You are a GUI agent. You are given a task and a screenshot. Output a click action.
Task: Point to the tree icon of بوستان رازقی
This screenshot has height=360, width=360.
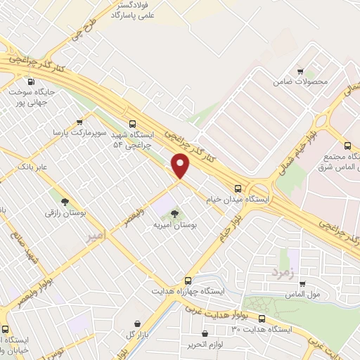[x=65, y=201]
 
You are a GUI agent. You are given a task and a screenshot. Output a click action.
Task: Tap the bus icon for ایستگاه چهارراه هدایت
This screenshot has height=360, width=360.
[x=188, y=280]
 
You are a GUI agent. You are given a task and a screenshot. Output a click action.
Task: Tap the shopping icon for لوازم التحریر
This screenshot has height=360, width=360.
[x=205, y=334]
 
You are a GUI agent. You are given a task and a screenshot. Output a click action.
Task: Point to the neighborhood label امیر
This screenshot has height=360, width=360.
[x=94, y=236]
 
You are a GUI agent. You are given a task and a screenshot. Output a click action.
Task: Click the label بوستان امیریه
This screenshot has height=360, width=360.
[x=175, y=226]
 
